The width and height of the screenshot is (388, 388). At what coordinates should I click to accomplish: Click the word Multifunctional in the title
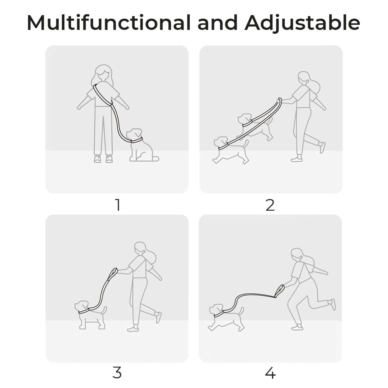coord(108,23)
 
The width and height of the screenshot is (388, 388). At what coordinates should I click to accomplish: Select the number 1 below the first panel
coord(117,205)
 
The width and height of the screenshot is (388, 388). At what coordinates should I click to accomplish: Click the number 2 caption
coord(270,205)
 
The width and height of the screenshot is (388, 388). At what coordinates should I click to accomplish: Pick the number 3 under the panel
coord(117,373)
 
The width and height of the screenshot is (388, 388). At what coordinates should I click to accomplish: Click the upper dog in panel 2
coord(254,126)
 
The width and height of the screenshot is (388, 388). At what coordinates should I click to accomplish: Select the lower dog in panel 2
coord(229,149)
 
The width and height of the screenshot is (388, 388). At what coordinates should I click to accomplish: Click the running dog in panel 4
coord(225,316)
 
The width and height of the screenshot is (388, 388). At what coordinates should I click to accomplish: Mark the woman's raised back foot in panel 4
coord(332,304)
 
